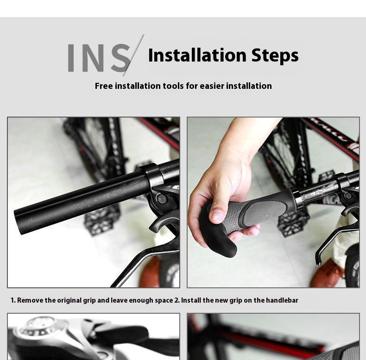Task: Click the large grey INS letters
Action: (99, 58)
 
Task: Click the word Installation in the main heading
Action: (197, 55)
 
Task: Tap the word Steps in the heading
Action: (275, 56)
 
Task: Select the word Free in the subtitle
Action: (104, 86)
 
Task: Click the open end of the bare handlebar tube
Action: (18, 222)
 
